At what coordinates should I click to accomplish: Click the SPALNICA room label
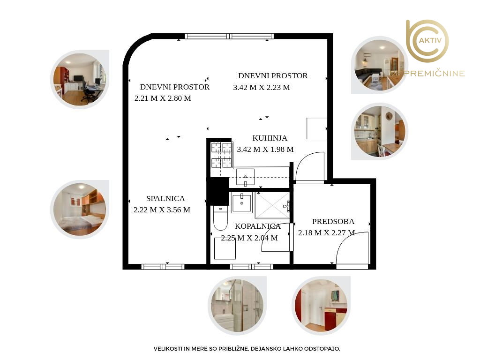click(x=165, y=198)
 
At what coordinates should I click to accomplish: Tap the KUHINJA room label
click(x=270, y=138)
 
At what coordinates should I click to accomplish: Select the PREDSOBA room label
click(x=333, y=221)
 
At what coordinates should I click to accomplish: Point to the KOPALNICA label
click(x=258, y=226)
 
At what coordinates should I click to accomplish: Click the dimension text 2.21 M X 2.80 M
click(x=163, y=98)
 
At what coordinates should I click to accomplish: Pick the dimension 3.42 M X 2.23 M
click(x=262, y=88)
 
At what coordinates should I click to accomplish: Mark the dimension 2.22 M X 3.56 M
click(x=162, y=210)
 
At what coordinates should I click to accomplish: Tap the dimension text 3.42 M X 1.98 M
click(x=265, y=150)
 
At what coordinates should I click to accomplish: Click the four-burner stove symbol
click(x=221, y=155)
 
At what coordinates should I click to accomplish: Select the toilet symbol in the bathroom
click(x=220, y=218)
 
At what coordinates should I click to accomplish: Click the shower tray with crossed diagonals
click(x=272, y=205)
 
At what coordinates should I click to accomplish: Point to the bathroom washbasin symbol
click(x=242, y=202)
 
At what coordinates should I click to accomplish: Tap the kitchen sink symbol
click(x=245, y=177)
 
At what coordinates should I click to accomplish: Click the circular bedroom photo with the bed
click(x=80, y=210)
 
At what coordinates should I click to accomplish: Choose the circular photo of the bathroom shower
click(x=237, y=305)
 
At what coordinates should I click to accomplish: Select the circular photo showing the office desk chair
click(x=80, y=80)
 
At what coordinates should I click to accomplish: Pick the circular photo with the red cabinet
click(x=321, y=305)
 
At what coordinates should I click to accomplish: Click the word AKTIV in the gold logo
click(x=430, y=40)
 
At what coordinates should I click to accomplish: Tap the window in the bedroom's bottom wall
click(x=163, y=267)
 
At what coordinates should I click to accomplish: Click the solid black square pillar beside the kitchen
click(x=218, y=191)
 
